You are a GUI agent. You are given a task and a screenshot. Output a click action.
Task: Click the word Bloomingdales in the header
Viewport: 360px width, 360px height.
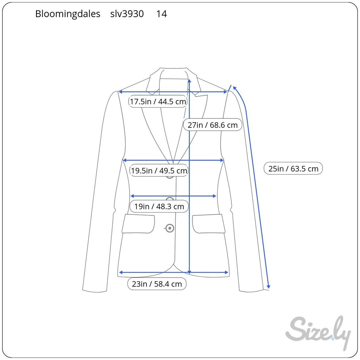click(68, 14)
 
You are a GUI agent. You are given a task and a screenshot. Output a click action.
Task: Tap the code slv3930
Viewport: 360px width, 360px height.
click(127, 14)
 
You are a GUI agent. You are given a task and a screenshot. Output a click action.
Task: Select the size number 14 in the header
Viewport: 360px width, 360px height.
click(161, 14)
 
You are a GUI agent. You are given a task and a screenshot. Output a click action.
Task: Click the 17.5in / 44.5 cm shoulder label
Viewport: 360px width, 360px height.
click(158, 101)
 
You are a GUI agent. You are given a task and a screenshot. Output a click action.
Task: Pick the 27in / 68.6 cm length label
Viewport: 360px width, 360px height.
click(213, 125)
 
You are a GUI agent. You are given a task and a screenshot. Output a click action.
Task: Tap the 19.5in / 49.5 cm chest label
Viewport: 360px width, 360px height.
click(159, 171)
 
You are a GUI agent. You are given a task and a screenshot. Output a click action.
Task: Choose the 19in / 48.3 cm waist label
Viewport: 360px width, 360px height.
click(159, 206)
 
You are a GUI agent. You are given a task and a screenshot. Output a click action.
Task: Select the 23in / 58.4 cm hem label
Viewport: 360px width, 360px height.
click(157, 284)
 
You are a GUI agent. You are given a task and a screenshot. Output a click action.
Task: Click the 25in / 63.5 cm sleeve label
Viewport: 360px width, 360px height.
click(293, 169)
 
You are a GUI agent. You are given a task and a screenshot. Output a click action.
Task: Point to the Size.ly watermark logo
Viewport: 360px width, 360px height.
click(318, 332)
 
